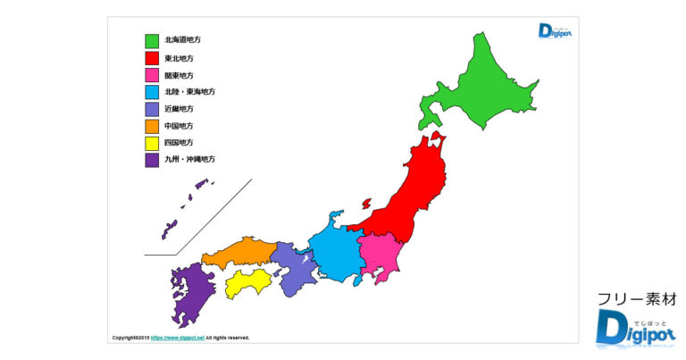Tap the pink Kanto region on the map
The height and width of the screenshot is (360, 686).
(380, 254)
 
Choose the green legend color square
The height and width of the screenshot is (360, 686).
(152, 40)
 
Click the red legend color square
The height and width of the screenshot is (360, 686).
(152, 58)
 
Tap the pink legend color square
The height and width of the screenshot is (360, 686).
(152, 75)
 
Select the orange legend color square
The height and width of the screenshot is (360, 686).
(152, 126)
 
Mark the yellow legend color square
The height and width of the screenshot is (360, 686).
(152, 143)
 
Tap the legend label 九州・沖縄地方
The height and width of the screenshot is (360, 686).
(189, 159)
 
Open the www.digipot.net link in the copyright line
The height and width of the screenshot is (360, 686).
(178, 338)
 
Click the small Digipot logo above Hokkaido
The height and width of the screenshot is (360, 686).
(555, 31)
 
